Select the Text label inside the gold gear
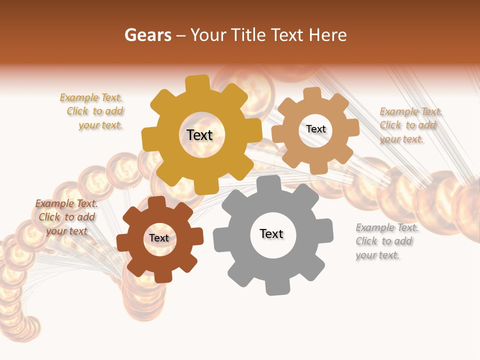[x=199, y=135]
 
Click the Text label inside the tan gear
[x=316, y=129]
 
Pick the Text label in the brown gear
[x=159, y=238]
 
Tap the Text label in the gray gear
[x=271, y=234]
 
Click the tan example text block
[x=410, y=125]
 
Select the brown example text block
[x=66, y=217]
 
